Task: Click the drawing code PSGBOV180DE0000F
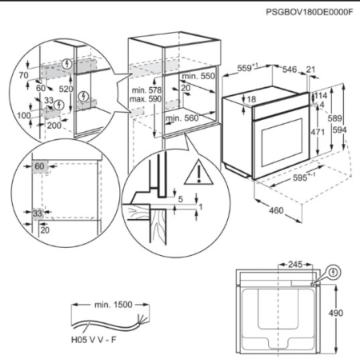(310, 12)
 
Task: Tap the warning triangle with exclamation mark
(198, 172)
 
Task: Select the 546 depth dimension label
(290, 70)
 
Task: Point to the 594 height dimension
(339, 130)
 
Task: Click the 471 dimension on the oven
(318, 132)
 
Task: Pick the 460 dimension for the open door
(276, 210)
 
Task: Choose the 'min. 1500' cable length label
(114, 305)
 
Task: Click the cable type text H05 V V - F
(94, 340)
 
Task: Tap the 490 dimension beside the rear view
(335, 313)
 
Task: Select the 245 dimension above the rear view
(295, 265)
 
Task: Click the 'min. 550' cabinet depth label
(198, 76)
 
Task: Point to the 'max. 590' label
(146, 99)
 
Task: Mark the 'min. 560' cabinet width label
(182, 118)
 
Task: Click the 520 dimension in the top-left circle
(66, 89)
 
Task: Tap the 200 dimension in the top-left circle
(54, 126)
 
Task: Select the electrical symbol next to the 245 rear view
(333, 272)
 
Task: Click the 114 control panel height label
(321, 95)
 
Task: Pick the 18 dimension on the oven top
(251, 99)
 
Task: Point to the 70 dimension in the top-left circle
(23, 75)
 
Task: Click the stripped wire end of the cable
(142, 319)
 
